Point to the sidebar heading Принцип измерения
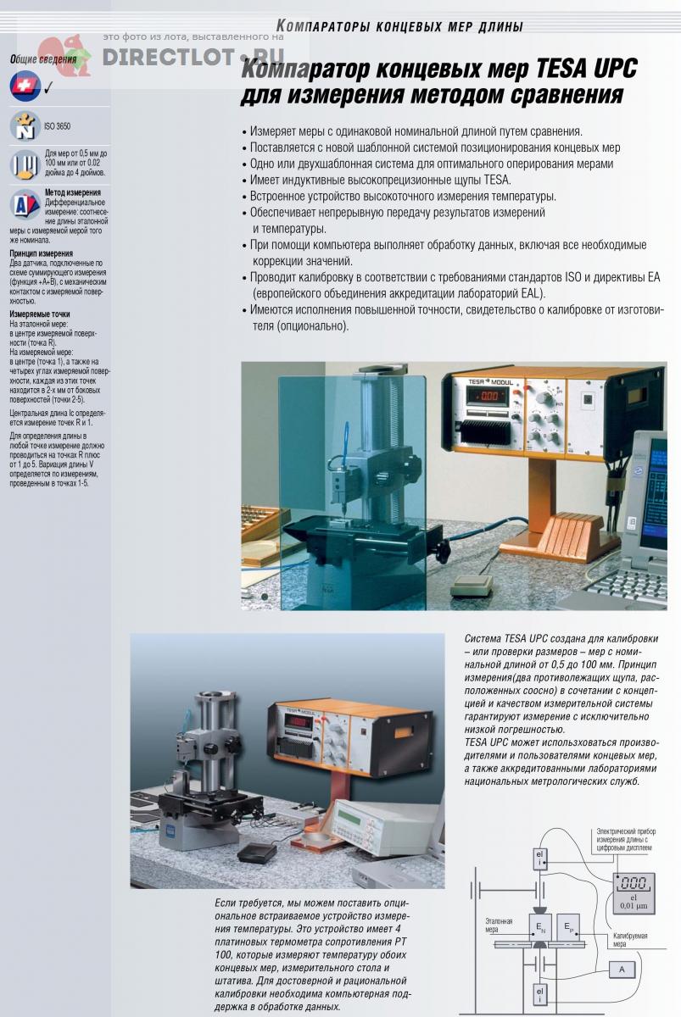[x=41, y=253]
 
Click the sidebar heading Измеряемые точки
[x=40, y=314]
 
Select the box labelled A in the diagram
[x=622, y=969]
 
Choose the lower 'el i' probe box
[x=540, y=992]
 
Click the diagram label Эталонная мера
[x=499, y=924]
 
